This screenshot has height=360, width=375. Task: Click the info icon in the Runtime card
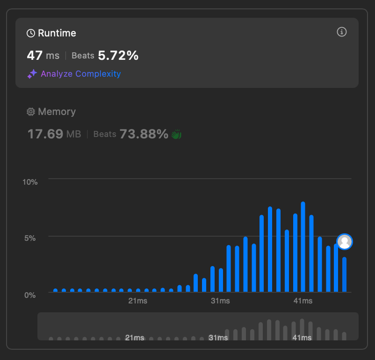(341, 32)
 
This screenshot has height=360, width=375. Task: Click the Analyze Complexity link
(80, 74)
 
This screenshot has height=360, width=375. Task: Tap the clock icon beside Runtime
(31, 33)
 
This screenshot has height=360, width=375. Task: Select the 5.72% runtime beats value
(118, 56)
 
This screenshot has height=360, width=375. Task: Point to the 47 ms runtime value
(43, 56)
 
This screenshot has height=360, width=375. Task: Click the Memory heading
(57, 112)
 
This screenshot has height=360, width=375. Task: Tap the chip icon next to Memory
(31, 112)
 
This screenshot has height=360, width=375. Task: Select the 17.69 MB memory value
(54, 134)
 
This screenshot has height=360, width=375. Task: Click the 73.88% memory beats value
(144, 134)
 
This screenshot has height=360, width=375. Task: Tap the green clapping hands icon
(176, 134)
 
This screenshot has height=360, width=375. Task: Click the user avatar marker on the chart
(345, 242)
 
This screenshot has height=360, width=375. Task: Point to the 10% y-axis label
(30, 182)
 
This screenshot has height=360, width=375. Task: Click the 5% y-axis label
(30, 238)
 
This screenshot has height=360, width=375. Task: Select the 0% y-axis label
(30, 295)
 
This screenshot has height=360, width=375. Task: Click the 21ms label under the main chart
(138, 301)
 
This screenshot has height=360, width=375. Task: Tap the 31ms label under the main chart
(220, 301)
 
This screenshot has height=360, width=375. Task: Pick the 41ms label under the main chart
(303, 301)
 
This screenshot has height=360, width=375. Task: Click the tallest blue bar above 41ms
(303, 247)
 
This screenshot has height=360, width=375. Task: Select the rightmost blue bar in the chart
(345, 274)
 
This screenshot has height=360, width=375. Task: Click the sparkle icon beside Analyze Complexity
(32, 74)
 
